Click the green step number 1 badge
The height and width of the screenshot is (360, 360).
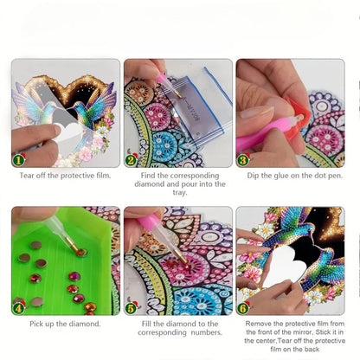[19, 160]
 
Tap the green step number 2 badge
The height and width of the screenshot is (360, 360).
[132, 160]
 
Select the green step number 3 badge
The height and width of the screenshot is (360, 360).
[244, 160]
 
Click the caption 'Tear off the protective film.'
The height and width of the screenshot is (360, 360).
[65, 176]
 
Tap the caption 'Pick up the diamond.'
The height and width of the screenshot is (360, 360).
[65, 323]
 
